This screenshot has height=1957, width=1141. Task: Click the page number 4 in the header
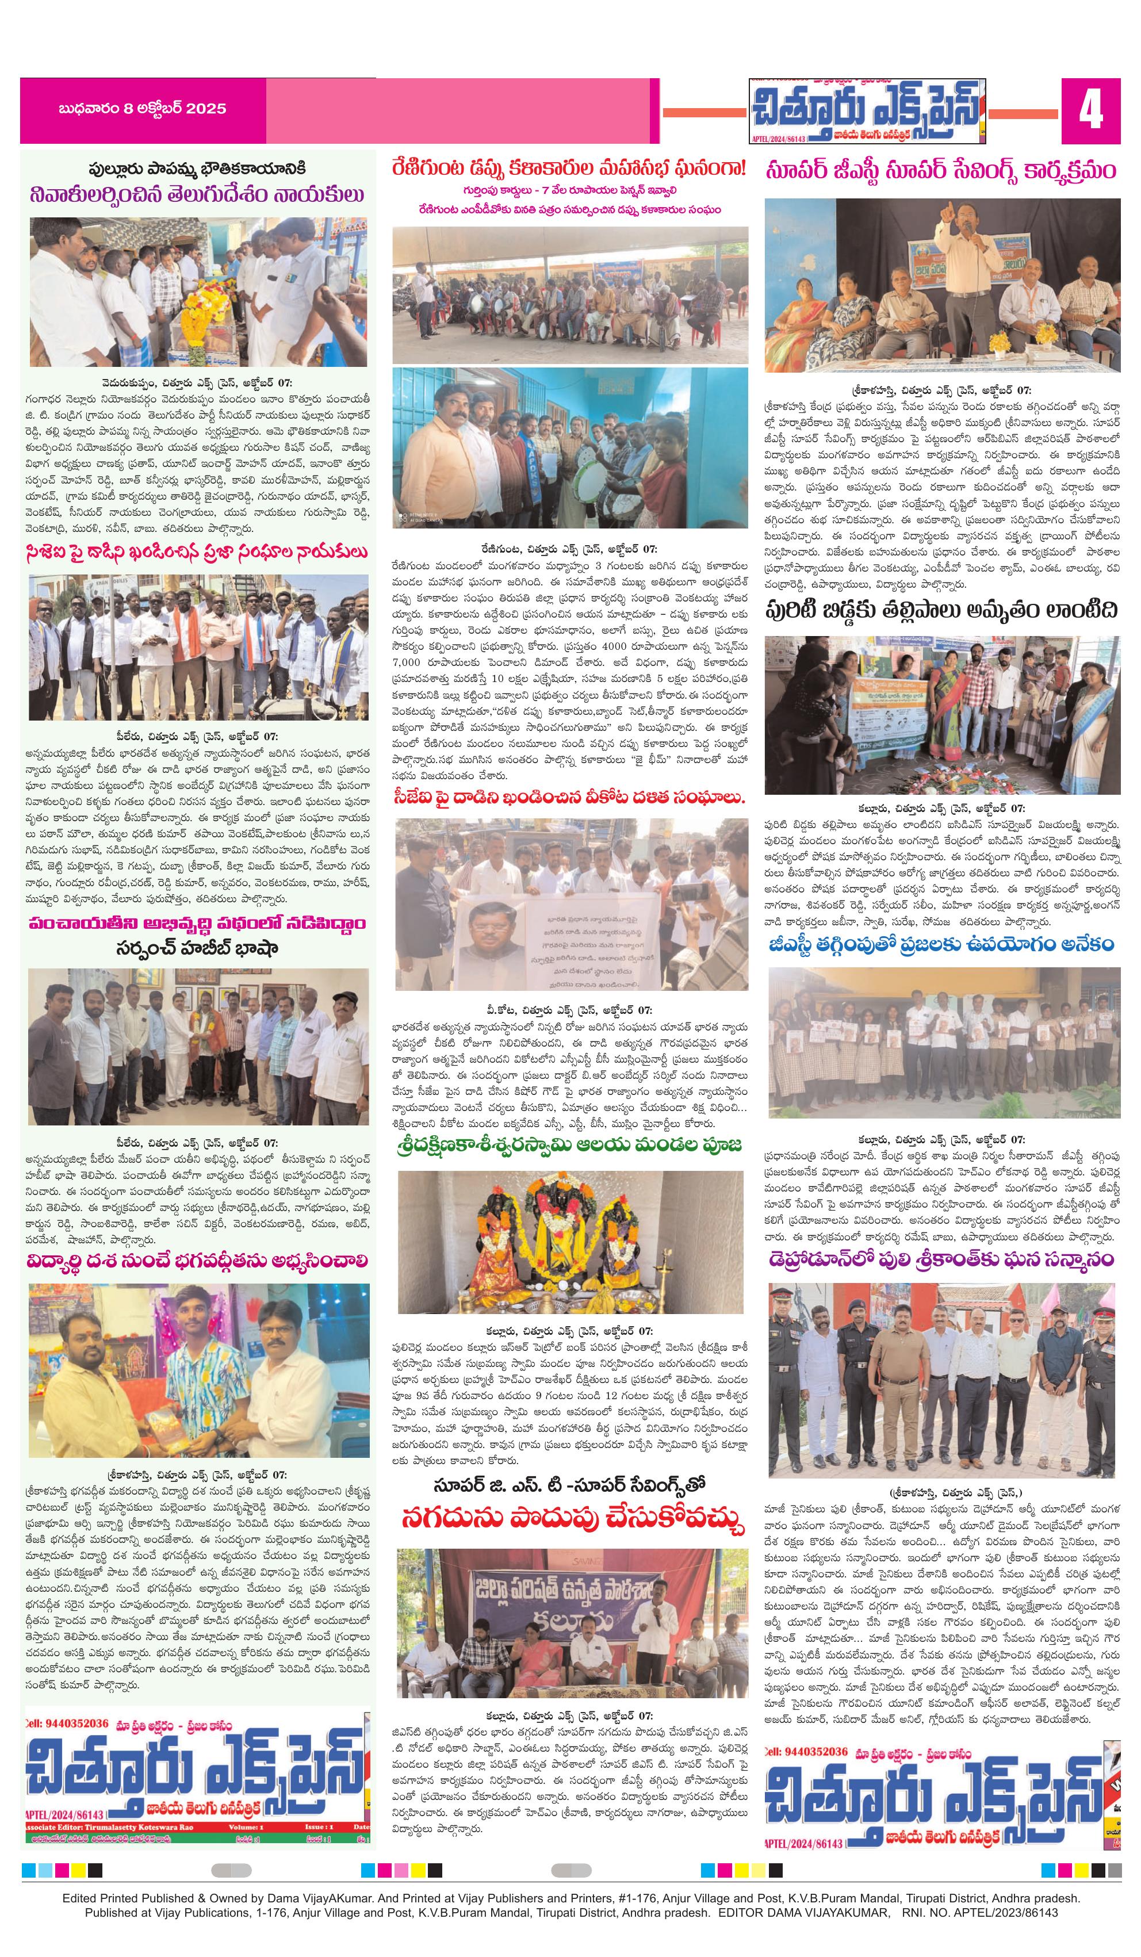pos(1090,112)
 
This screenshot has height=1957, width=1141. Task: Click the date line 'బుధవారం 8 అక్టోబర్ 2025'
pos(142,109)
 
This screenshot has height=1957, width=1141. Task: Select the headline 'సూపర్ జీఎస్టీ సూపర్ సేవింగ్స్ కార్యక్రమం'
pos(941,170)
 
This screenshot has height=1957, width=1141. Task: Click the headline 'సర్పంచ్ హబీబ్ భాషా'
pos(197,948)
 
